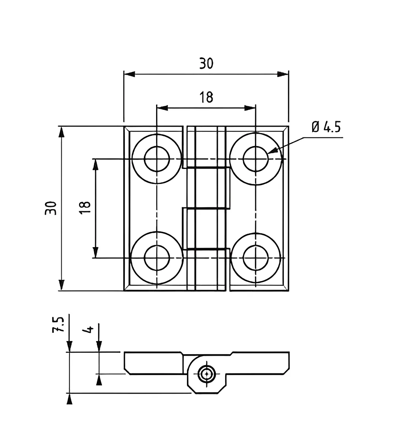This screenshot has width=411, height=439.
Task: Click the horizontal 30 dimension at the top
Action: [206, 63]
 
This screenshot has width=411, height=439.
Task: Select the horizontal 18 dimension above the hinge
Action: [206, 97]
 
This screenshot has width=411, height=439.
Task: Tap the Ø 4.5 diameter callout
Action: [326, 127]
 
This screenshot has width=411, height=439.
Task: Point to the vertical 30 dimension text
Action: [51, 208]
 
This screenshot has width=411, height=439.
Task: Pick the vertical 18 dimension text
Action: [85, 208]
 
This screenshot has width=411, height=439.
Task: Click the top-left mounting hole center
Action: [157, 159]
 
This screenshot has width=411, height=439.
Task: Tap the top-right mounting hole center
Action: [255, 159]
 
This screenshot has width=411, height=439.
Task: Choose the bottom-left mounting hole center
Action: [157, 258]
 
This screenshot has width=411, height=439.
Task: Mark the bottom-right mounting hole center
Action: [255, 258]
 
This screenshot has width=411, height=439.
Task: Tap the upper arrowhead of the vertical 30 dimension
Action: [61, 132]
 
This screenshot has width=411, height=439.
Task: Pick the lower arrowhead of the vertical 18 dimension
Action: [95, 252]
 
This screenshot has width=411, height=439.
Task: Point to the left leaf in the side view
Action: [154, 363]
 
